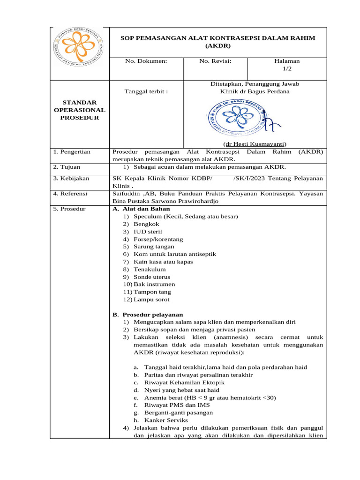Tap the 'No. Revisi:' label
tap(215, 61)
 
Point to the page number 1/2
tap(287, 68)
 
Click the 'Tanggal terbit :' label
tap(146, 91)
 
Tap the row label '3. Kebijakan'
tap(71, 179)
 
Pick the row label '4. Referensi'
tap(71, 194)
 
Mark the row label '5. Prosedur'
tap(69, 209)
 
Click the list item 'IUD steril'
tap(148, 232)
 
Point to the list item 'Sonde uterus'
tap(152, 277)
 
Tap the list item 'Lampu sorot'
tap(151, 300)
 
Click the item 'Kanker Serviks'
tap(164, 420)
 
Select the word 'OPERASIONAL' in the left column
tap(79, 110)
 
